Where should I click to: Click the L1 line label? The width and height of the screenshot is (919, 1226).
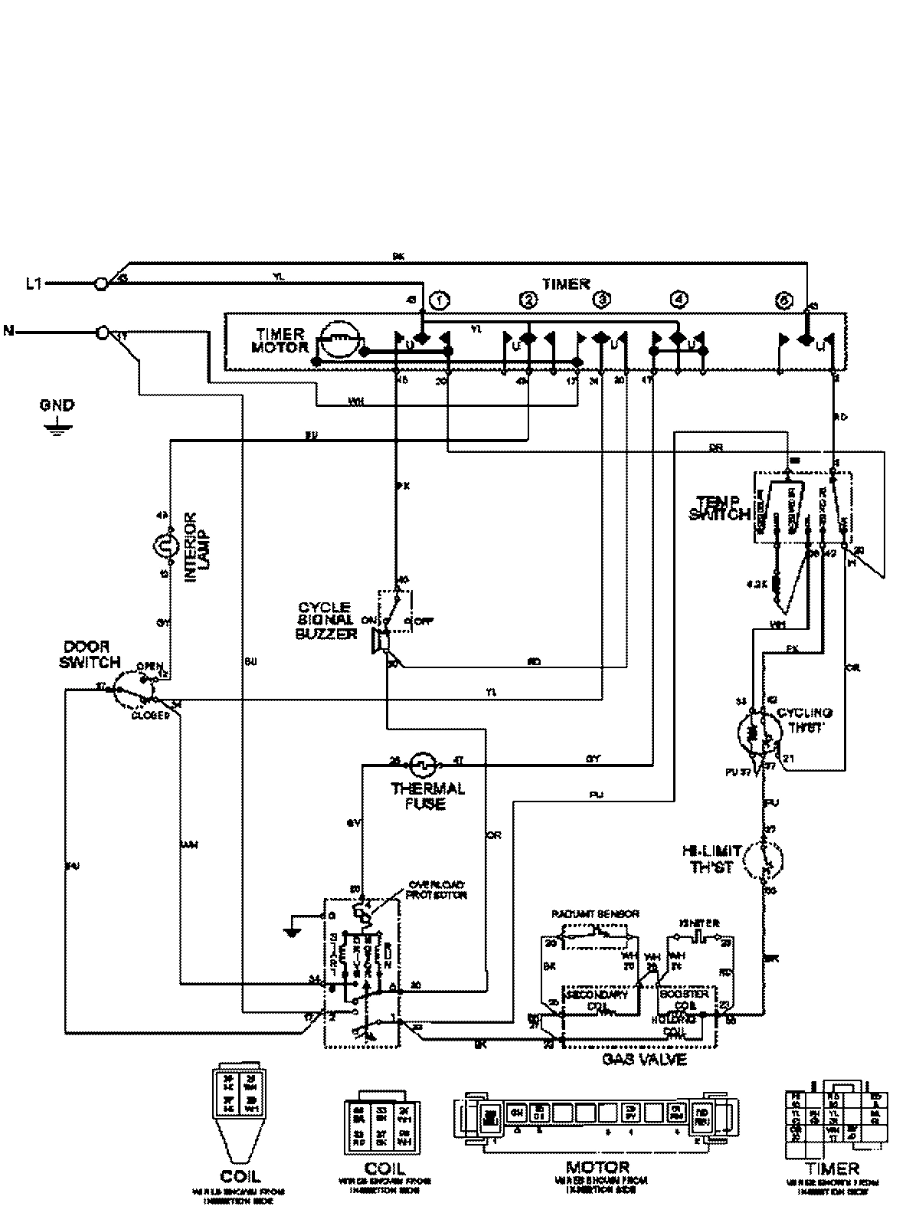point(32,284)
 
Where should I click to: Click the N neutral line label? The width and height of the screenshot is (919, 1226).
point(9,332)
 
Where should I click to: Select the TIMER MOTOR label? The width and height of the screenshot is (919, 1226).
point(280,341)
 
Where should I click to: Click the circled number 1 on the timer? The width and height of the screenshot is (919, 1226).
point(439,301)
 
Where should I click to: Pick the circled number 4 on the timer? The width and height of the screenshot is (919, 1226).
point(677,300)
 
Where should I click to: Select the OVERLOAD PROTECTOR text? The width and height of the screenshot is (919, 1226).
point(437,889)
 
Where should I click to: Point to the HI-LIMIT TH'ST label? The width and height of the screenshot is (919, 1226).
point(712,859)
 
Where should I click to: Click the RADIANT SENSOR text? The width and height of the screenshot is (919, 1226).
point(595,914)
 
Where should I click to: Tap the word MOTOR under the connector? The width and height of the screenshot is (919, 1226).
point(597,1168)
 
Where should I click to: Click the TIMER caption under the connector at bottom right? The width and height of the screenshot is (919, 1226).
point(834,1169)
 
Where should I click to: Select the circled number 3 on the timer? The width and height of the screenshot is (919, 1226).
point(602,300)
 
